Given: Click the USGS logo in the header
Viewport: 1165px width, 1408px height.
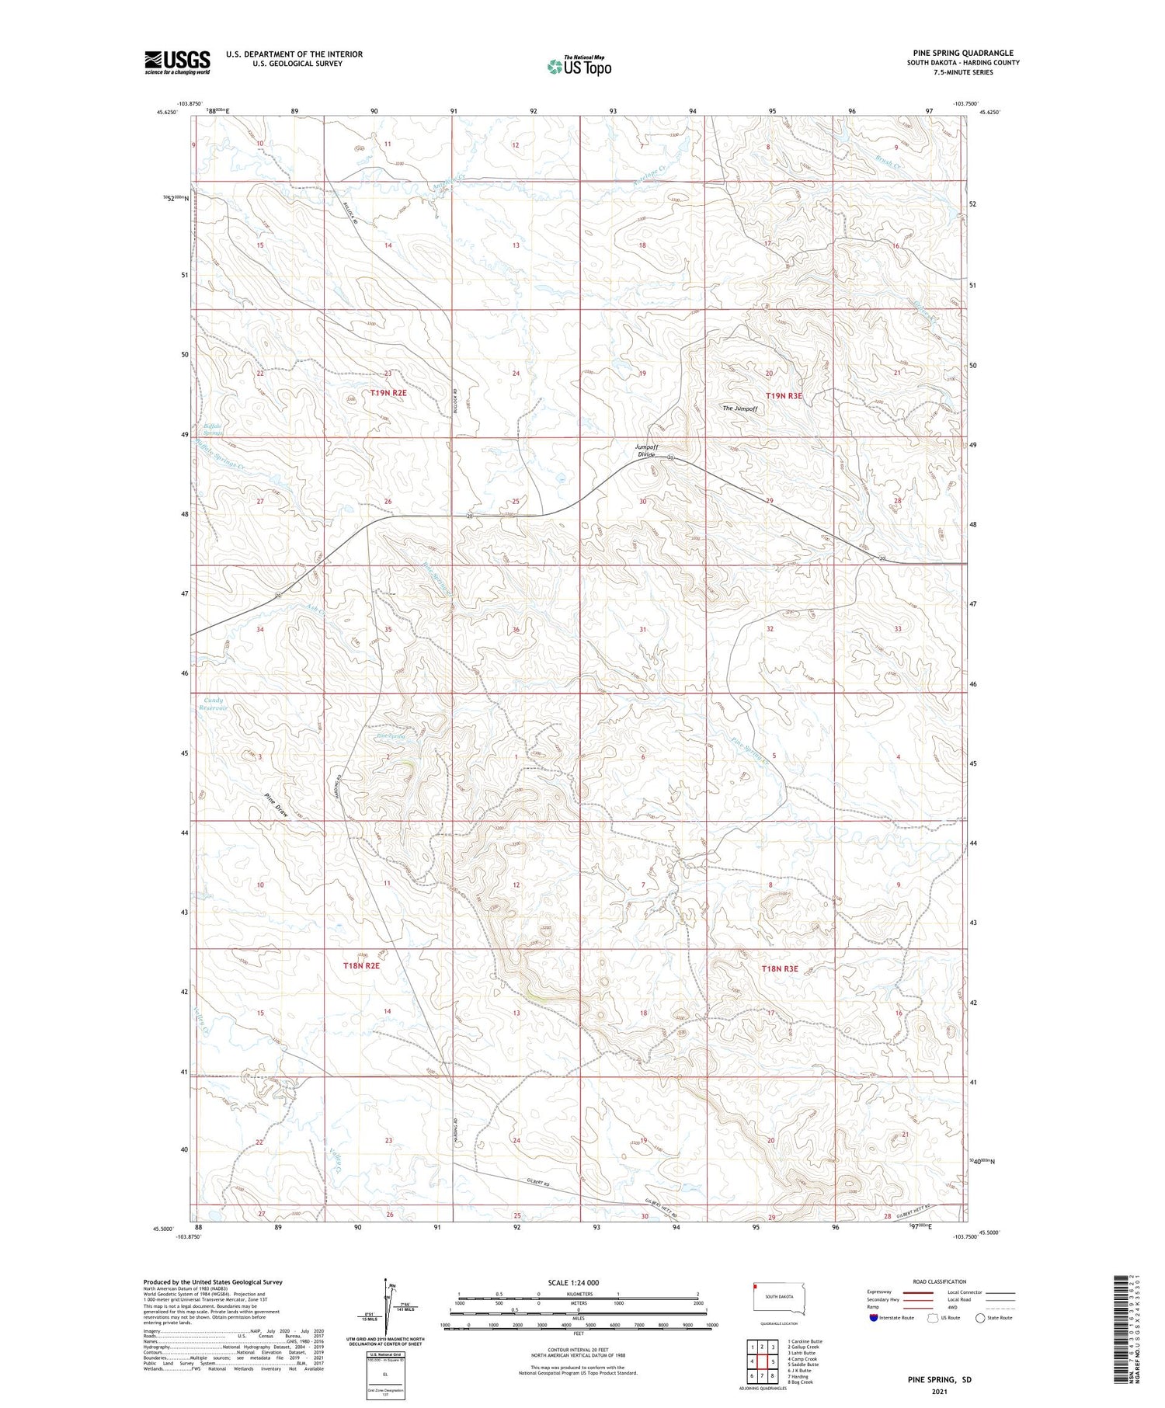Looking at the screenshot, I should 177,62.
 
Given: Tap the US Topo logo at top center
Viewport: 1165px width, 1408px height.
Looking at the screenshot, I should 579,66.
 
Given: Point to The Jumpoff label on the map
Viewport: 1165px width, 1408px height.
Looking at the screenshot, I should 739,408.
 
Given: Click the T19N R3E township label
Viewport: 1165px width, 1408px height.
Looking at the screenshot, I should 784,396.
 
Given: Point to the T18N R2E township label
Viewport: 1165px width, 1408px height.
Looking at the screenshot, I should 361,966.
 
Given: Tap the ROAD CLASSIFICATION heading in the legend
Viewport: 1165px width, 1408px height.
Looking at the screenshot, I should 940,1281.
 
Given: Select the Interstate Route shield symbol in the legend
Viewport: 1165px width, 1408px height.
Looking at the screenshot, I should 874,1317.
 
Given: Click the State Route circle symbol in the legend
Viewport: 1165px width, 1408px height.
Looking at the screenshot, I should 980,1317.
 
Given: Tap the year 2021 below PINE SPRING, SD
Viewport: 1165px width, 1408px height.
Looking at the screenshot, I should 939,1391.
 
